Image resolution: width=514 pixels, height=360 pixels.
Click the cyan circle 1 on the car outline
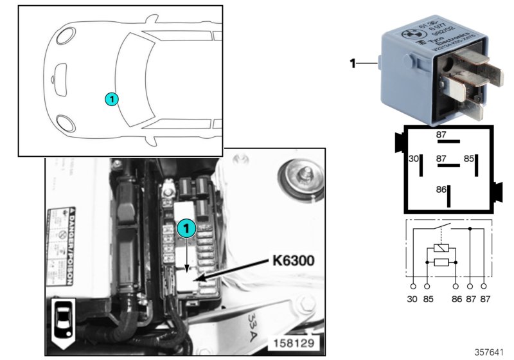pyautogui.click(x=111, y=99)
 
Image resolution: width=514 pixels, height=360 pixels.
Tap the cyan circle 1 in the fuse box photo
pyautogui.click(x=186, y=228)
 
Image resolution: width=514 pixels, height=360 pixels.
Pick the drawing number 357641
pyautogui.click(x=490, y=353)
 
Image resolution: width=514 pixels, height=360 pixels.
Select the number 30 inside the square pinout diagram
pyautogui.click(x=413, y=158)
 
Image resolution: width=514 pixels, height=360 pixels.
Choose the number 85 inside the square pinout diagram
pyautogui.click(x=470, y=158)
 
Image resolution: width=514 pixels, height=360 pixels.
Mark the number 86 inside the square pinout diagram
pyautogui.click(x=440, y=190)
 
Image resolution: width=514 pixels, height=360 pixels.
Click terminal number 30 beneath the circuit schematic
pyautogui.click(x=412, y=299)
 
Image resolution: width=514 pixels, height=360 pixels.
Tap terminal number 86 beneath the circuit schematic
pyautogui.click(x=456, y=299)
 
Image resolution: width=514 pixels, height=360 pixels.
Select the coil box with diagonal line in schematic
pyautogui.click(x=440, y=248)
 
